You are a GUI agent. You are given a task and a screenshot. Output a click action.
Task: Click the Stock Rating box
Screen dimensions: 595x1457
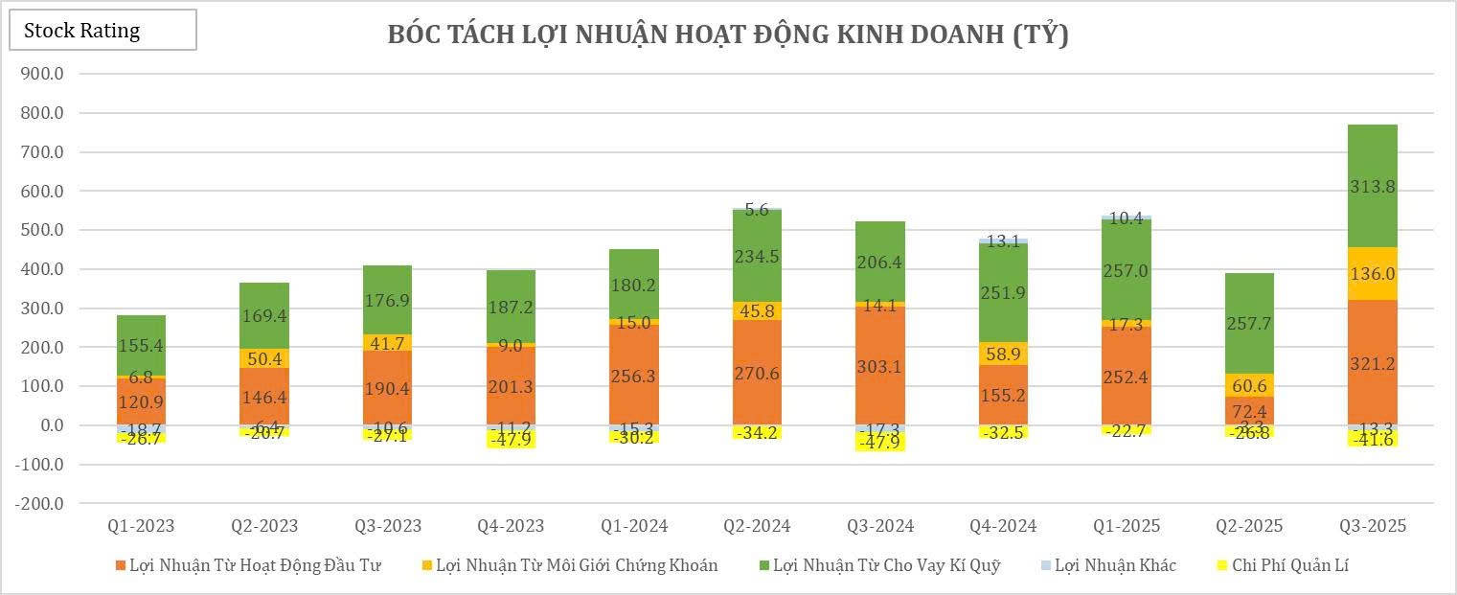click(102, 31)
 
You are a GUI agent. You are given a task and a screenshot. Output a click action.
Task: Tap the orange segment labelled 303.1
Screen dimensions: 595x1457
click(880, 366)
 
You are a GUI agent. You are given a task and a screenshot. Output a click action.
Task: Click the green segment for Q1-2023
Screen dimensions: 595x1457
click(141, 345)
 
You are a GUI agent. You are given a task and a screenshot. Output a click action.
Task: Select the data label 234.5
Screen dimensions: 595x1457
click(757, 256)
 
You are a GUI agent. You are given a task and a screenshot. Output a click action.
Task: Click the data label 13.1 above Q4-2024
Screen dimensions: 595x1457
click(1003, 241)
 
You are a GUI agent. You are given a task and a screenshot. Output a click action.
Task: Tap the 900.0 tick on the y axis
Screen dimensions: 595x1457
click(41, 74)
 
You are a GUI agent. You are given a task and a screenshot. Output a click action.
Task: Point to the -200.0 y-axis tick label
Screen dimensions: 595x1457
click(37, 504)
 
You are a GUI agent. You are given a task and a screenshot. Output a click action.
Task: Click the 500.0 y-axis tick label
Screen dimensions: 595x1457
click(41, 230)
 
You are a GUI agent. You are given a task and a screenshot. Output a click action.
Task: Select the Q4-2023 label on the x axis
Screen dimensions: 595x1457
click(511, 526)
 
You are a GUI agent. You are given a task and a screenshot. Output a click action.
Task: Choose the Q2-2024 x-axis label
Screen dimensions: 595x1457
click(757, 526)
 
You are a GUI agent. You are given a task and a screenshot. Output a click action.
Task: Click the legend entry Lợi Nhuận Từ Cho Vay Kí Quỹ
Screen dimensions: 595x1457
click(886, 565)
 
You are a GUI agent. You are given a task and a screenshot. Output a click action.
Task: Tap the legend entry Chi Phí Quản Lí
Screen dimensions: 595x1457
click(1290, 565)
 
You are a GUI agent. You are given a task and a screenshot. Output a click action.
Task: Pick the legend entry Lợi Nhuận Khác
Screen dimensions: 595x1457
click(1115, 565)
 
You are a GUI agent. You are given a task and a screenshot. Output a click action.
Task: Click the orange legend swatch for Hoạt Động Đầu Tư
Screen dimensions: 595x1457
click(120, 565)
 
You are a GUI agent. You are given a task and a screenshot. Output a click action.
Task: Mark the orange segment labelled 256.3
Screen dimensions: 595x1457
click(633, 376)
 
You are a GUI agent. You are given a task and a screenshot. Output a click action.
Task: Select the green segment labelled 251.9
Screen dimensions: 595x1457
click(1003, 293)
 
